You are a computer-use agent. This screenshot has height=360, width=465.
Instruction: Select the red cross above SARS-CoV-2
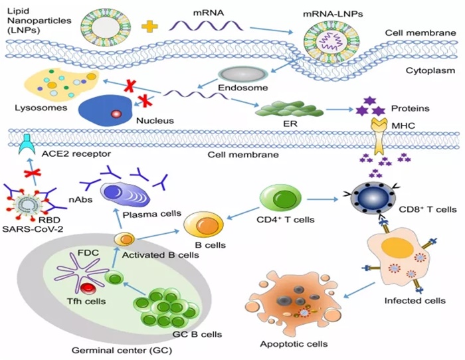[x=28, y=175]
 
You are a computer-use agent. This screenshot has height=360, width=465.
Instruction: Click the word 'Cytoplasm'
[x=426, y=67]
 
